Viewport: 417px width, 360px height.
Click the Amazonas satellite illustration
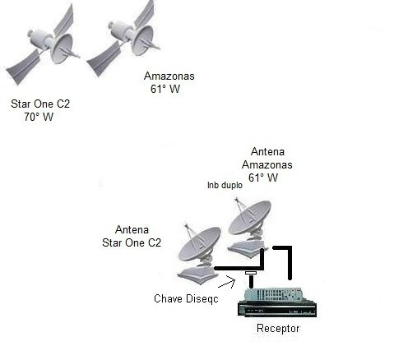123,39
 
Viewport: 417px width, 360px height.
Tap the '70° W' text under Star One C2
39,117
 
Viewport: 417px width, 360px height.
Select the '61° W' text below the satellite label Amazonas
165,89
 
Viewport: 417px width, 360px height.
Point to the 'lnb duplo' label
225,185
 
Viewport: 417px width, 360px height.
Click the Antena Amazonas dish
248,228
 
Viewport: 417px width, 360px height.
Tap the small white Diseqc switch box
251,273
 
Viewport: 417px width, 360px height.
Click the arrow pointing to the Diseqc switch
227,283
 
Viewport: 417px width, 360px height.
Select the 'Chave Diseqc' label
186,298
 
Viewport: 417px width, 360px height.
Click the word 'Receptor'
278,328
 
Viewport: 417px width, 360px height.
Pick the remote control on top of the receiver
273,294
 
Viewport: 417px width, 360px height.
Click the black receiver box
277,309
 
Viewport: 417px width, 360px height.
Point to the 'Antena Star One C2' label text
132,236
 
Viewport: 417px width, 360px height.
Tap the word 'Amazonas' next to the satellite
169,76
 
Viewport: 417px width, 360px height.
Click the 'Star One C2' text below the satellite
40,104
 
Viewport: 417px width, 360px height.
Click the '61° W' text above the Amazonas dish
263,178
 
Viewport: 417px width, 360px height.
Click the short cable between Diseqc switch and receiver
251,281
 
